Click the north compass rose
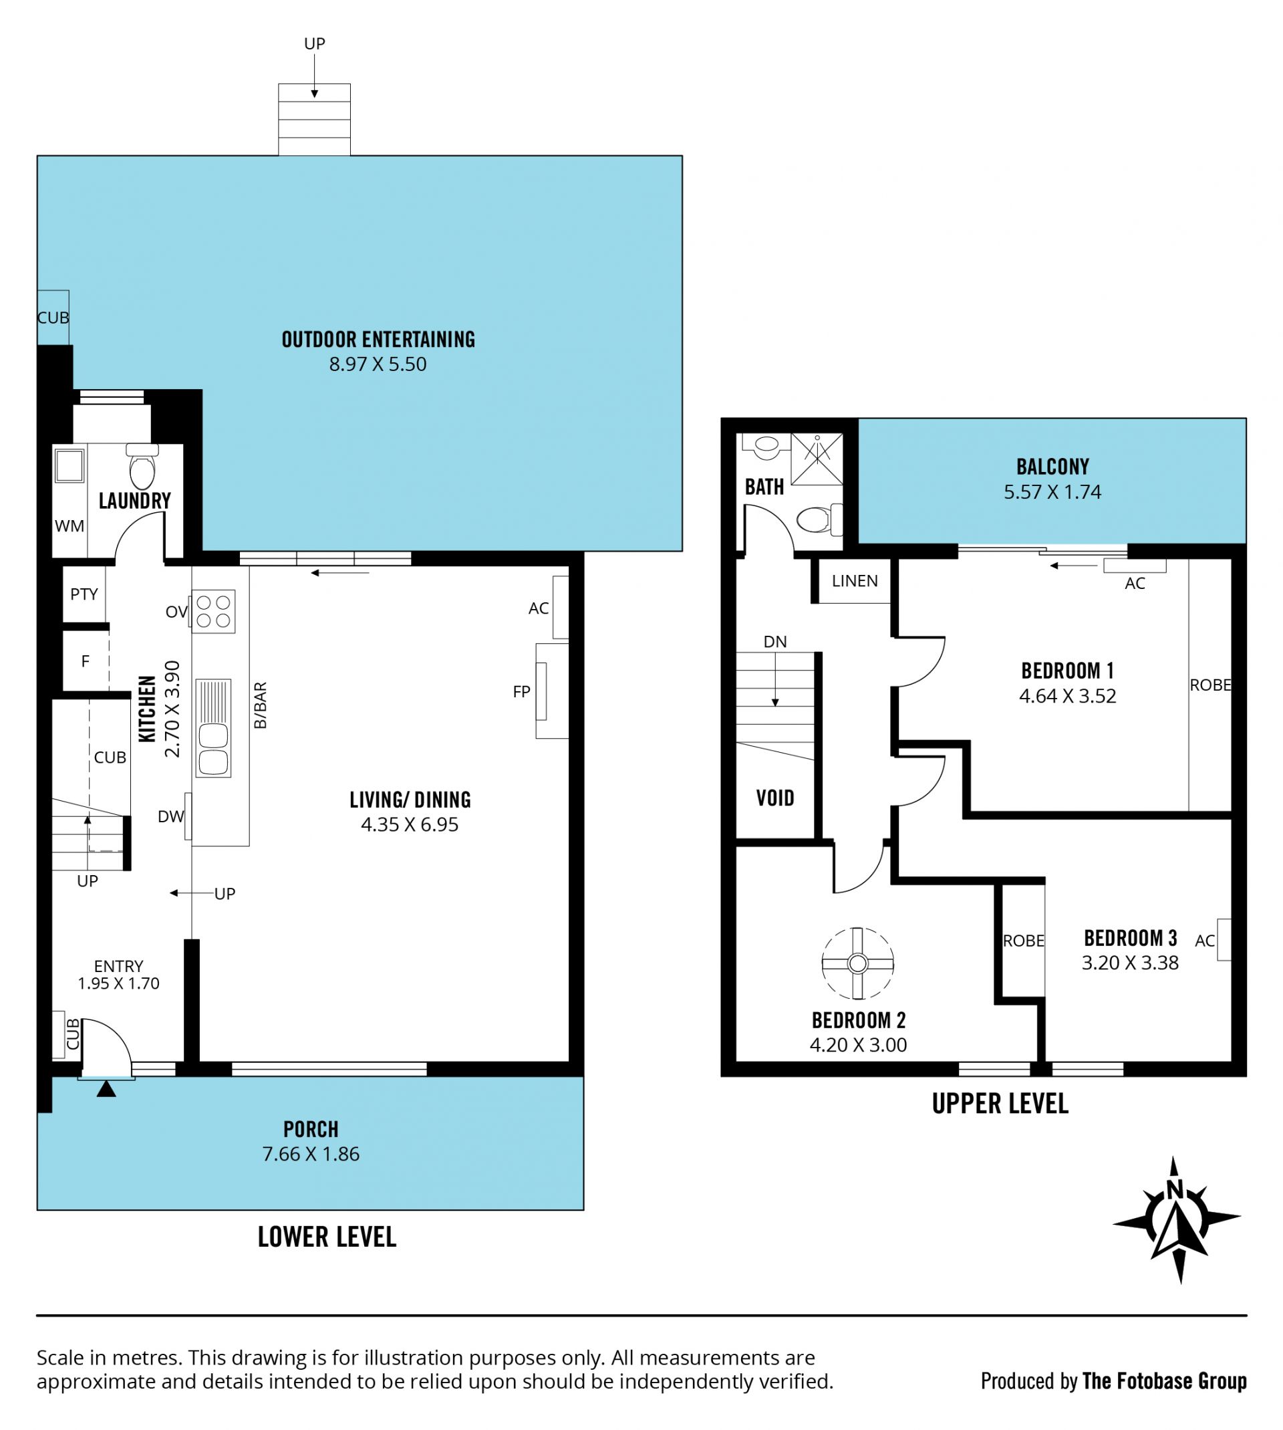coord(1175,1219)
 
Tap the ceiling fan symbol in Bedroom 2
coord(857,963)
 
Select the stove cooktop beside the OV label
coord(214,610)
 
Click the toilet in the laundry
coord(142,466)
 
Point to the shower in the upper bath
coord(817,459)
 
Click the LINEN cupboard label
coord(855,580)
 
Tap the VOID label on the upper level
coord(774,798)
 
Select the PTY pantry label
coord(84,594)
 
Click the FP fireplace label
coord(522,692)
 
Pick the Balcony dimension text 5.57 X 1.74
coord(1052,491)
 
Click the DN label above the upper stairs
coord(774,641)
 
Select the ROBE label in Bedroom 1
coord(1210,685)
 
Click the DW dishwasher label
coord(170,816)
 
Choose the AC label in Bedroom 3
coord(1205,940)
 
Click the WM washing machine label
coord(69,525)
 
